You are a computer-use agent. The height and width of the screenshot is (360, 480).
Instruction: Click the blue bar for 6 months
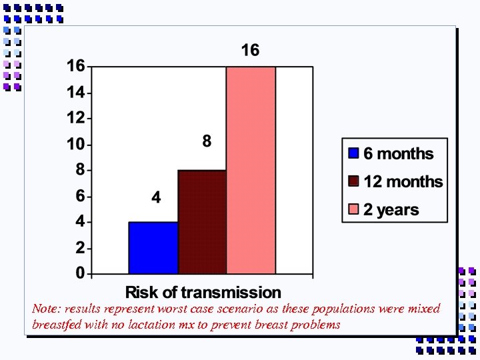coord(153,247)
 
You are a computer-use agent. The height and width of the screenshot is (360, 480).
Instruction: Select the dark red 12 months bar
coord(202,221)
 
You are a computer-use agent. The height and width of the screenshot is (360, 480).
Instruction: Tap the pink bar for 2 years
coord(251,170)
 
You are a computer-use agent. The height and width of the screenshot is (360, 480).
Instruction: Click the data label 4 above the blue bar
coord(156,198)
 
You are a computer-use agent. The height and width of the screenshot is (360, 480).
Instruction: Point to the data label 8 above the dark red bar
coord(207,141)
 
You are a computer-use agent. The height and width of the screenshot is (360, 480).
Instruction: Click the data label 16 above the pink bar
coord(250,51)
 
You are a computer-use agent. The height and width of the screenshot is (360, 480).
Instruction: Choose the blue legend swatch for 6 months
coord(353,153)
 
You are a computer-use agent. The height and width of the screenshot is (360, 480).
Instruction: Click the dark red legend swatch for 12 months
coord(353,181)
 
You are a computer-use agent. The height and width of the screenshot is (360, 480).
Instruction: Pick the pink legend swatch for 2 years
coord(353,210)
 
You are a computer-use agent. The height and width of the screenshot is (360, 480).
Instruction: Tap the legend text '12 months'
coord(403,181)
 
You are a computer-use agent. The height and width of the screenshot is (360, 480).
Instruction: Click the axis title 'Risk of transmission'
coord(203,292)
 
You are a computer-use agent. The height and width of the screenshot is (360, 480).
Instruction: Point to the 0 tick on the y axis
coord(80,273)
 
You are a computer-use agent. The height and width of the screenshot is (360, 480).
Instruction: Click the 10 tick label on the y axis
coord(76,144)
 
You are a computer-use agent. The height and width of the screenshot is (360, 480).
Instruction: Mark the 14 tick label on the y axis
coord(76,93)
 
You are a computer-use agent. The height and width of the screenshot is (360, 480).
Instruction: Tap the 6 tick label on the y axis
coord(80,196)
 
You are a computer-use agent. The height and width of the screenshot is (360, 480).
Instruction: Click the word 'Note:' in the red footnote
coord(45,309)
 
